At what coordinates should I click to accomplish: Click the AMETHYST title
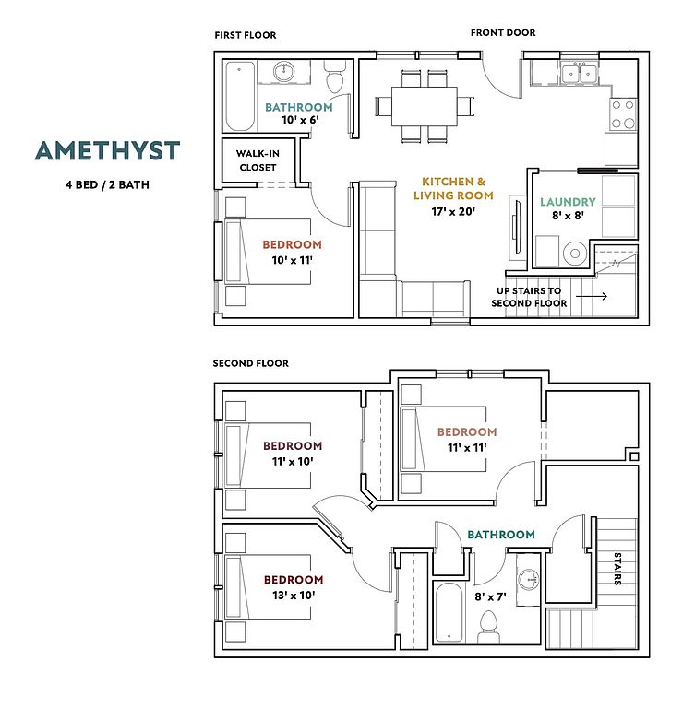[107, 150]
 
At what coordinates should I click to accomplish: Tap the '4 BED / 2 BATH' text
[107, 184]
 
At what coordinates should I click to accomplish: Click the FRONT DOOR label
[503, 33]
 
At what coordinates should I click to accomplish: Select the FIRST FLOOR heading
[246, 36]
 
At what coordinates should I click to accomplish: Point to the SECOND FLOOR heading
[251, 363]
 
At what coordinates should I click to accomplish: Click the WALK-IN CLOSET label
[258, 160]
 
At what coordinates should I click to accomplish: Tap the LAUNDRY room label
[569, 202]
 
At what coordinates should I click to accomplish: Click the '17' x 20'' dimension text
[453, 211]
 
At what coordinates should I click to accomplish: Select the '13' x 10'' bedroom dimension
[294, 595]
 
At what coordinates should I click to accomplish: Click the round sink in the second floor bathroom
[527, 581]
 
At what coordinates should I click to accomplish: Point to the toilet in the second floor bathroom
[488, 631]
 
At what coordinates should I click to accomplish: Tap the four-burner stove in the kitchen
[623, 113]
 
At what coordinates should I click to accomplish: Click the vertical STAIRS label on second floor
[617, 570]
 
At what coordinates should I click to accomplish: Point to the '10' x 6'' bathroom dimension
[298, 120]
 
